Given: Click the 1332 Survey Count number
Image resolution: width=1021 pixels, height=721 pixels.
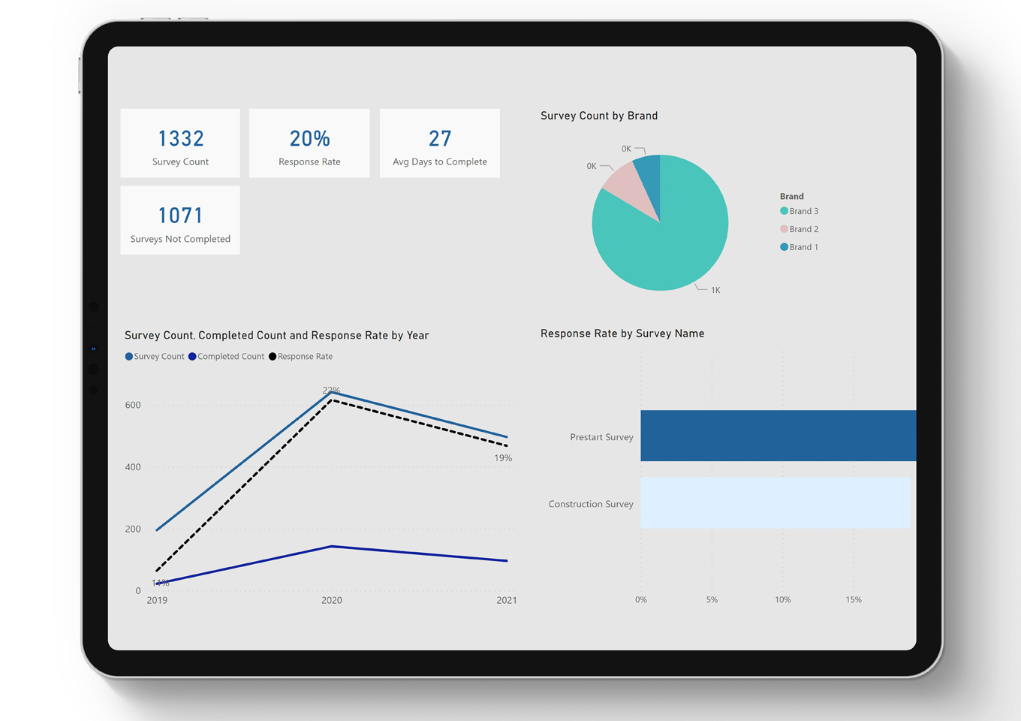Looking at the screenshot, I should click(x=180, y=139).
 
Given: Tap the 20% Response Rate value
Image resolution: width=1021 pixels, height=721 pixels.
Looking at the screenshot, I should click(x=309, y=139).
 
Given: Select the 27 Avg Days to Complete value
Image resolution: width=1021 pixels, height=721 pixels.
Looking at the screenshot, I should click(x=440, y=139).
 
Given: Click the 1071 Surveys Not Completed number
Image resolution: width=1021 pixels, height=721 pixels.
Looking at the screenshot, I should click(x=180, y=216).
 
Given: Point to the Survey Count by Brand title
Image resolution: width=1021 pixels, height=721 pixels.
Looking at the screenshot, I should click(x=599, y=116).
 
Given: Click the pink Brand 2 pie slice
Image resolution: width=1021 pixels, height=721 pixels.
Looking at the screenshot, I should click(x=627, y=185).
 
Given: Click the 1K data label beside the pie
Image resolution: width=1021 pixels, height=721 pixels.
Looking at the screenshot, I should click(x=715, y=290).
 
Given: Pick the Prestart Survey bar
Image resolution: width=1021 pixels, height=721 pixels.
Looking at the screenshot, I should click(x=777, y=436).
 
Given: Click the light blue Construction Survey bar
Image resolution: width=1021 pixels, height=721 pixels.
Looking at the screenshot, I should click(x=774, y=502).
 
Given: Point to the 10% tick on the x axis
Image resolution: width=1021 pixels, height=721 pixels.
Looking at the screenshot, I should click(x=782, y=599).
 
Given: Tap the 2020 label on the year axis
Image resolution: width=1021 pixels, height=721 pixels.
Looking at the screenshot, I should click(x=331, y=600).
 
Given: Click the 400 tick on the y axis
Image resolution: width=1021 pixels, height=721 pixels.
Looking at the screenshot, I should click(x=133, y=467).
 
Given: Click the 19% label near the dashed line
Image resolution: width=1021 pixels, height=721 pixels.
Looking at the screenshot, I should click(x=503, y=458).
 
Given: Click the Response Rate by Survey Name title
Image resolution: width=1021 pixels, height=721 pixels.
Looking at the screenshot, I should click(x=622, y=333).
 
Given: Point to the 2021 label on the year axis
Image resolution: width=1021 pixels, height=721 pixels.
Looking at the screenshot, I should click(x=507, y=600).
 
